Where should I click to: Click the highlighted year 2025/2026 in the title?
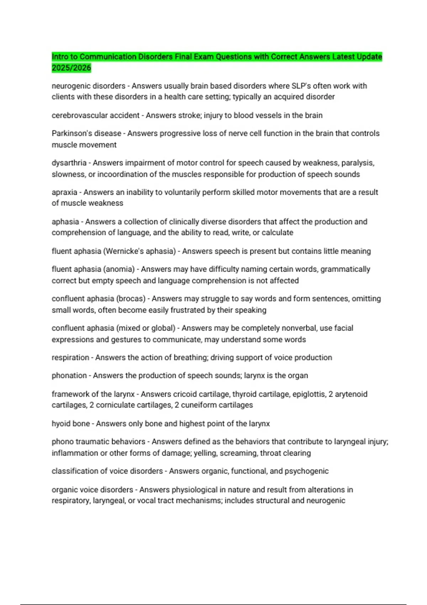(x=71, y=68)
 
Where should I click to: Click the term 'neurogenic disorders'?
(x=88, y=86)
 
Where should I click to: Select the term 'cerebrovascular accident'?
(x=95, y=115)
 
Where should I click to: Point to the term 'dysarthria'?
(x=69, y=163)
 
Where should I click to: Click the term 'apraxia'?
(x=64, y=192)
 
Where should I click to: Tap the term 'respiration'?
(x=70, y=357)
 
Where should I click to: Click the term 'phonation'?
(x=69, y=375)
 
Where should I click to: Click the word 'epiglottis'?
(x=309, y=394)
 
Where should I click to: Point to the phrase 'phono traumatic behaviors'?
(x=98, y=441)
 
